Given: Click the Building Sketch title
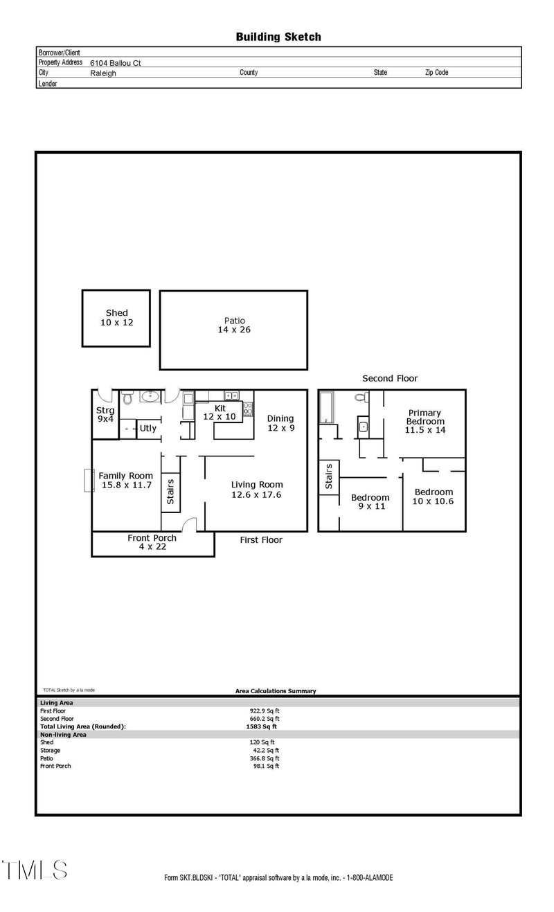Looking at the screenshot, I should [278, 37].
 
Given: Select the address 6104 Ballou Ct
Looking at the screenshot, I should [116, 62].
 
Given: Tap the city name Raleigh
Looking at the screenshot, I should [103, 73].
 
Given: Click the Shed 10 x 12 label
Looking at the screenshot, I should [116, 318].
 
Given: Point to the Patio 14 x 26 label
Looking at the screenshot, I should [234, 325].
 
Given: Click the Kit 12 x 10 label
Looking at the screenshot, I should [220, 413].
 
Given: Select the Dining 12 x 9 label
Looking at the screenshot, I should [280, 423].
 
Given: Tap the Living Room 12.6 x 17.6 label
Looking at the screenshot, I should [257, 490].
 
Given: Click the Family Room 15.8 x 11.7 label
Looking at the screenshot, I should [125, 481].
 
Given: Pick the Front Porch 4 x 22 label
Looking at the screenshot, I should [152, 542].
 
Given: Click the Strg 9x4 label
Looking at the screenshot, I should [105, 414].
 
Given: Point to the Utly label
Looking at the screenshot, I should [148, 428].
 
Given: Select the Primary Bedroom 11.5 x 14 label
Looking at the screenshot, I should [425, 421].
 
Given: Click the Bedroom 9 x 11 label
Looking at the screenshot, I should [370, 502].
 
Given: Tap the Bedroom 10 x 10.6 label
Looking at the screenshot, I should [434, 497].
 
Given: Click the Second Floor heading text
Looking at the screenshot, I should [390, 379].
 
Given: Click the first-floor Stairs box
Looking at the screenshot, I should [170, 492].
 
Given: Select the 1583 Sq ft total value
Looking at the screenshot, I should [261, 726].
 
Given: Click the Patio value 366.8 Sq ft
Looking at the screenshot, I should [265, 758].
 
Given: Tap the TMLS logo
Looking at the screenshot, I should [35, 870].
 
